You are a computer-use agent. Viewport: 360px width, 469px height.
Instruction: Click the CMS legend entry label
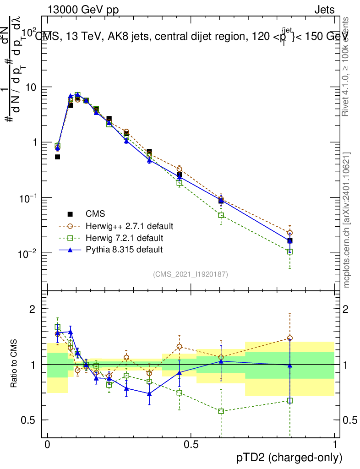(x=95, y=214)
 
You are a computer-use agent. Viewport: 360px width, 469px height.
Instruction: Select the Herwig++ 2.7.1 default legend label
(x=129, y=226)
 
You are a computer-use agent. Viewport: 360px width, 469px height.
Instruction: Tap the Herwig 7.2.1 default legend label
(x=124, y=238)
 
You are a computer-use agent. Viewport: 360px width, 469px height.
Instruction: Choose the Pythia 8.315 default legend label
(x=124, y=250)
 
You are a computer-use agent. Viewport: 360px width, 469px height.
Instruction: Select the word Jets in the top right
(x=324, y=10)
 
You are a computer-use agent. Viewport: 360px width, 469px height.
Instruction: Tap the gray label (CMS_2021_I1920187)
(x=191, y=274)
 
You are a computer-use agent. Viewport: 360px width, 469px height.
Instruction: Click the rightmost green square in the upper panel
(x=289, y=251)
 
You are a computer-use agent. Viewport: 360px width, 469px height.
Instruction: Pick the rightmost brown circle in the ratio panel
(x=289, y=338)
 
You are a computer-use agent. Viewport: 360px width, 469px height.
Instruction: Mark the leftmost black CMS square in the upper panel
(x=58, y=157)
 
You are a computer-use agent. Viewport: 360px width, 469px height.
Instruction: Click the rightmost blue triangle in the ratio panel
(x=289, y=365)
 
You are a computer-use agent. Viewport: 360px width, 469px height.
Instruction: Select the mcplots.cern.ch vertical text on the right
(x=347, y=220)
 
